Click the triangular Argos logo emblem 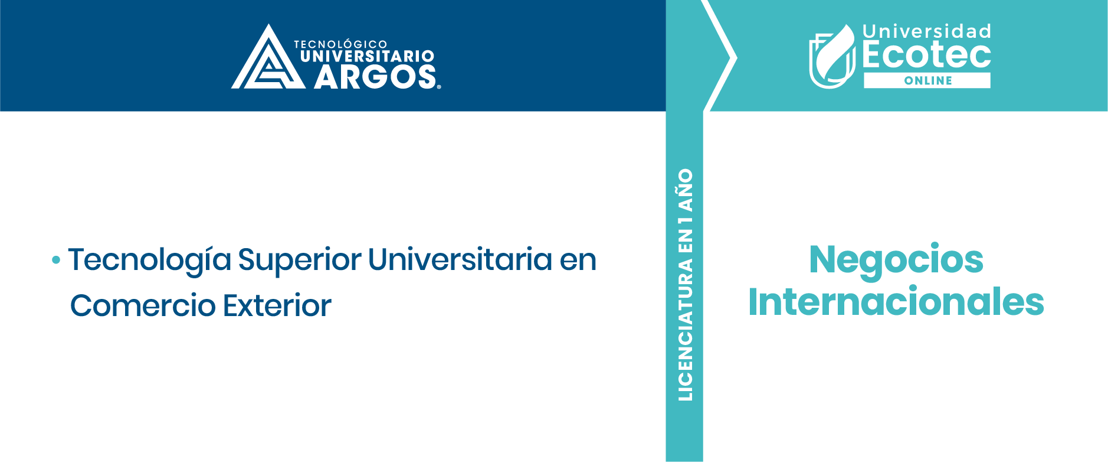pos(268,59)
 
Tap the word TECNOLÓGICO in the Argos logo pos(340,44)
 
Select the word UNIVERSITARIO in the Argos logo pos(367,57)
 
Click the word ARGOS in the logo pos(375,77)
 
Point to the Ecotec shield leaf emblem pos(832,57)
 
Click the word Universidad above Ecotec pos(926,31)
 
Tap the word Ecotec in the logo pos(926,55)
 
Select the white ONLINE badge pos(927,80)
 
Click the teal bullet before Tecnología pos(56,259)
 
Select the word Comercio pos(143,305)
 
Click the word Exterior pos(277,305)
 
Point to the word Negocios pos(896,261)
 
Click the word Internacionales pos(896,302)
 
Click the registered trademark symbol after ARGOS pos(438,87)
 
